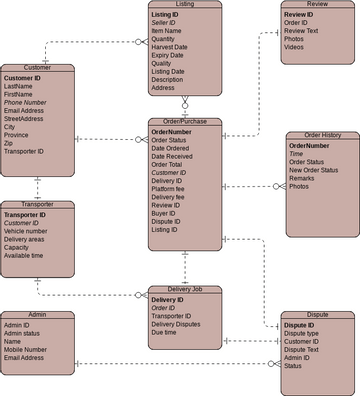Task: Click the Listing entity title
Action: [x=184, y=5]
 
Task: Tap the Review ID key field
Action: [x=298, y=15]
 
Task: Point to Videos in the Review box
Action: [x=295, y=47]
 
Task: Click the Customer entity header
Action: [x=37, y=67]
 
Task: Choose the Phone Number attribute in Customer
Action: [x=25, y=103]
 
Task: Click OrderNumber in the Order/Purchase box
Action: [x=171, y=131]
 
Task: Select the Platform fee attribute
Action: [x=168, y=189]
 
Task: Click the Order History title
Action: [x=322, y=135]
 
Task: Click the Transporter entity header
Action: [x=37, y=204]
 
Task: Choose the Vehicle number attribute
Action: [x=25, y=230]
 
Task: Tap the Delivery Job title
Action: [x=184, y=289]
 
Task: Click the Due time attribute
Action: [x=166, y=332]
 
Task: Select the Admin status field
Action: [x=22, y=332]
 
